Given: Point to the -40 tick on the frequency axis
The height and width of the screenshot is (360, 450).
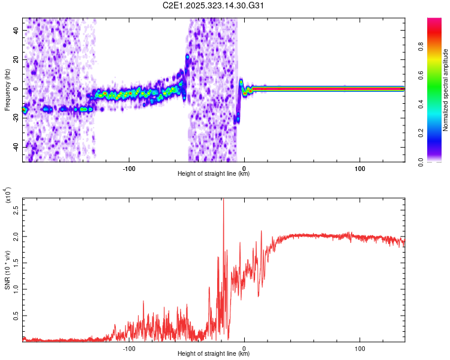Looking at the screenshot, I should tap(15, 147).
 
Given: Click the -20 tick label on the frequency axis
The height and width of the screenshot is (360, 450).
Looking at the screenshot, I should tap(15, 118).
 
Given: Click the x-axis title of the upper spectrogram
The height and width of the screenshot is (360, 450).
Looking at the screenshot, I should tap(214, 173).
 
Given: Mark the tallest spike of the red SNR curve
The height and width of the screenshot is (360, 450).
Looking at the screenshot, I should tap(223, 200).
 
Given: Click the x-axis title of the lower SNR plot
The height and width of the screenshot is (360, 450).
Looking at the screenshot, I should tap(214, 353).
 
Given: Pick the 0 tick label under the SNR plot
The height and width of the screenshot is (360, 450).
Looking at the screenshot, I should tap(244, 347).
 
